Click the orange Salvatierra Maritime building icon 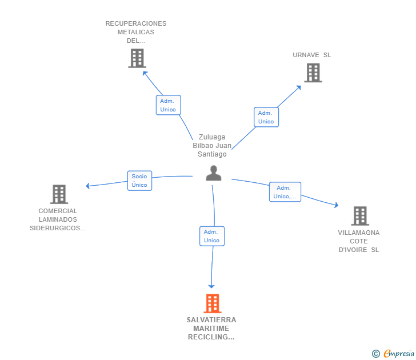click(x=213, y=303)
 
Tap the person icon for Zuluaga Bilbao click(x=214, y=173)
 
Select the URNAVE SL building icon click(x=313, y=73)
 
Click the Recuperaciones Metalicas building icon click(x=137, y=58)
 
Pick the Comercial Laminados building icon click(x=59, y=194)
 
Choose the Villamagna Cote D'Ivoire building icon click(x=360, y=216)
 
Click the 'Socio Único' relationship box click(x=139, y=181)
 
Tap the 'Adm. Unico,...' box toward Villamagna click(x=285, y=192)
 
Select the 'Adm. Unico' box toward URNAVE click(x=266, y=117)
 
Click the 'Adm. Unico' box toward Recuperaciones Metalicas click(x=168, y=105)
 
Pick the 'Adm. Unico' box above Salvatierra click(x=212, y=236)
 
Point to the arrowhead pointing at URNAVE click(x=299, y=87)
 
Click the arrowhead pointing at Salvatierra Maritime click(x=211, y=286)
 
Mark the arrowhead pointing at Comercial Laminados click(x=88, y=186)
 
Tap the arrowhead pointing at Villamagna click(x=337, y=205)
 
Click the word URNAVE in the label click(x=306, y=55)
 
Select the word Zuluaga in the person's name click(x=212, y=137)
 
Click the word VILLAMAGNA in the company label click(x=359, y=233)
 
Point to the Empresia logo click(x=393, y=353)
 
